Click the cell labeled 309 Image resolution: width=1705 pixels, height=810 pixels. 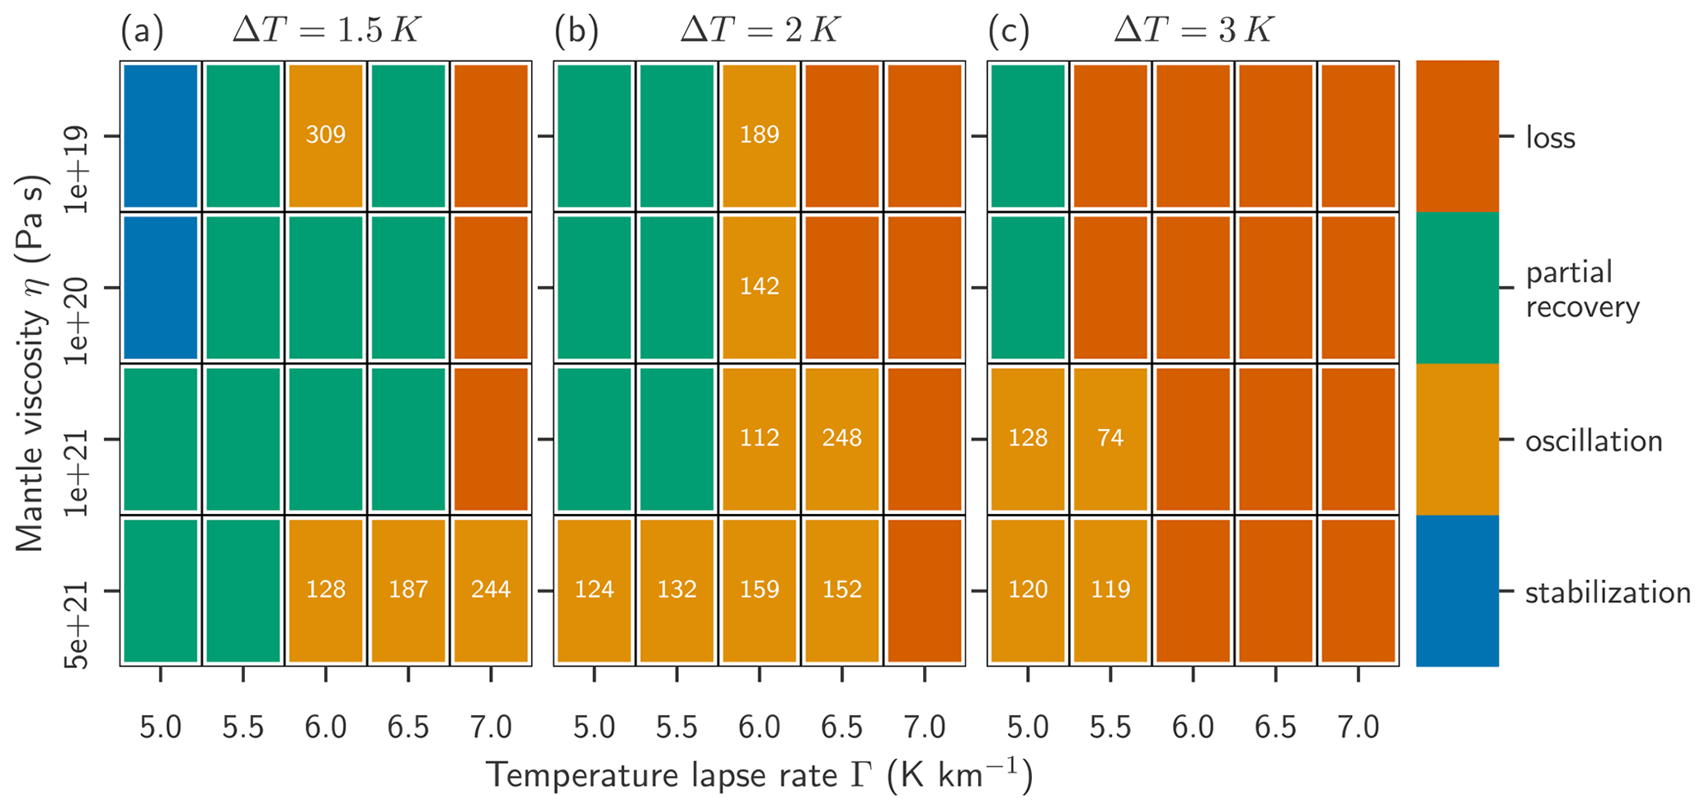pos(325,135)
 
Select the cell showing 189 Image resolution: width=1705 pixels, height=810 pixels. pos(759,135)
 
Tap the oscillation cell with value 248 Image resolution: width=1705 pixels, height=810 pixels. pos(841,438)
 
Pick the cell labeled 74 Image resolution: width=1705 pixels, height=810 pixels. pos(1110,438)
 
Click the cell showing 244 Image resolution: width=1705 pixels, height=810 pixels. pos(491,590)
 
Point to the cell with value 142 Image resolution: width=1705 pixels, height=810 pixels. pos(759,287)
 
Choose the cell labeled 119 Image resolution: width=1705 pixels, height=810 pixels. pos(1110,590)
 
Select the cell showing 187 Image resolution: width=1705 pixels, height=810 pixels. pos(408,590)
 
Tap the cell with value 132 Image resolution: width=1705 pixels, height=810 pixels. pos(676,590)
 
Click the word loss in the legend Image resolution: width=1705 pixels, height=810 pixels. pos(1550,138)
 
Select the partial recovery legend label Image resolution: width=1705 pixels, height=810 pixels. pos(1582,290)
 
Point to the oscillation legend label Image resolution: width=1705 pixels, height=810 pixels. pos(1593,441)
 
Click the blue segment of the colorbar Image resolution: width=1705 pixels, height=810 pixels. pos(1457,591)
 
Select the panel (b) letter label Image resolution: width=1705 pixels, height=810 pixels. pos(576,32)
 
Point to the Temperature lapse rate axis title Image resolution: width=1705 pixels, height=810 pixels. pos(759,775)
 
